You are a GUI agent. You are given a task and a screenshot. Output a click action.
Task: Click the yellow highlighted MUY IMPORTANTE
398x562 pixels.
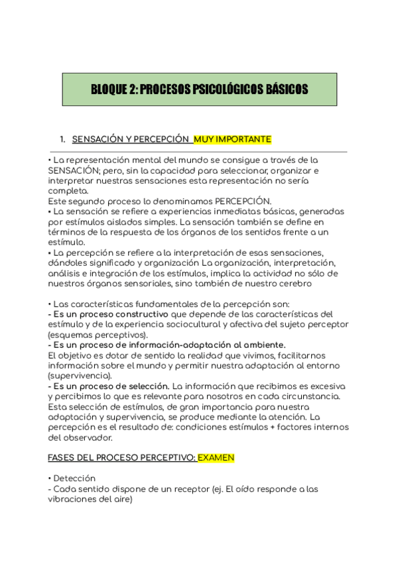click(232, 139)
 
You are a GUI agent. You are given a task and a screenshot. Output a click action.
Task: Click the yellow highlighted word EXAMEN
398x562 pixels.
click(216, 458)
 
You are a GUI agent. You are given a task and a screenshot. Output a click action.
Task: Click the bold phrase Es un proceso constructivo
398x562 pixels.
click(110, 313)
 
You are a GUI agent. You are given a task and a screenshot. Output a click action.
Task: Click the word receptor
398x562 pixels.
click(191, 489)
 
